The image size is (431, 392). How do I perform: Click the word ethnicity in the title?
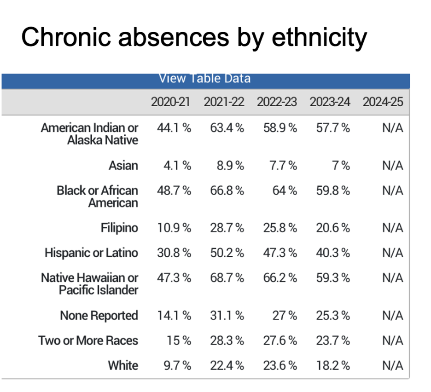point(319,37)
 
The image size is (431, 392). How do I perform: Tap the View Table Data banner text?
point(204,78)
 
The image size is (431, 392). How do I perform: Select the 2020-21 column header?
point(170,102)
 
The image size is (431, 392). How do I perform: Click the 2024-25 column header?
point(383,102)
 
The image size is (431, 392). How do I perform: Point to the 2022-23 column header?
point(277,102)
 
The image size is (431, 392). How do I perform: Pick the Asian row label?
point(123,166)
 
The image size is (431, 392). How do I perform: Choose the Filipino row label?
point(119,228)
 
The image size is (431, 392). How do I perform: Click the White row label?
point(123,365)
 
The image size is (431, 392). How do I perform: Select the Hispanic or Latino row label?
point(91,253)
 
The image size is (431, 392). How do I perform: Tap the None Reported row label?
point(99,316)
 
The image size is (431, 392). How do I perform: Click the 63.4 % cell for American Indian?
point(227,128)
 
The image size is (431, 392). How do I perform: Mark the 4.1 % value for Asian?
point(177,166)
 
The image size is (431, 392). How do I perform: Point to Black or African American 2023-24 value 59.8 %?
point(333,190)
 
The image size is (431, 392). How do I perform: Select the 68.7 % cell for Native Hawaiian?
point(227,278)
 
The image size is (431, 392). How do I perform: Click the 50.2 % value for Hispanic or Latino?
point(227,253)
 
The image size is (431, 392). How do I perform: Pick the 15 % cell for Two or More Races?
point(179,340)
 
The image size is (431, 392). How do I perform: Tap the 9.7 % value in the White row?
point(177,365)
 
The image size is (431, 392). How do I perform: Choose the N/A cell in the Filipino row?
point(392,228)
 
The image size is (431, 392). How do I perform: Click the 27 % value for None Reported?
point(284,316)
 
